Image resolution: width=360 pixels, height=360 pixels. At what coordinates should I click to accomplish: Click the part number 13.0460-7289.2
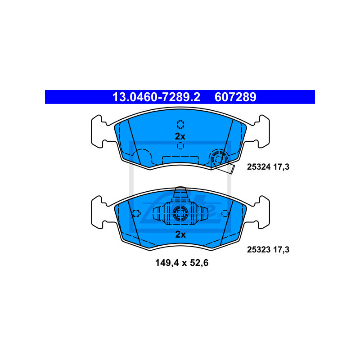[156, 97]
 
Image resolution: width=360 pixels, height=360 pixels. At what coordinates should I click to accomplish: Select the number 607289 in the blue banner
[235, 97]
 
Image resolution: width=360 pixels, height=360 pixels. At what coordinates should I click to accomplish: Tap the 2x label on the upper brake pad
[180, 136]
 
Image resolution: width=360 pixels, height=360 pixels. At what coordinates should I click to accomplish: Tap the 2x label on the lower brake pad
[180, 234]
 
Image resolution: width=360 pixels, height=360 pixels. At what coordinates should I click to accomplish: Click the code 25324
[259, 167]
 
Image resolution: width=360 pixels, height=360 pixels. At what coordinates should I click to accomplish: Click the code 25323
[259, 250]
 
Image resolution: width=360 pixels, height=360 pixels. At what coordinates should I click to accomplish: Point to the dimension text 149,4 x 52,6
[182, 263]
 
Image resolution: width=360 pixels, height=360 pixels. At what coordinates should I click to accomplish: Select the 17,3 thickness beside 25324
[281, 167]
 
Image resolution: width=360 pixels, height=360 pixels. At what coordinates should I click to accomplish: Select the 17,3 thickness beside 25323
[281, 250]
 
